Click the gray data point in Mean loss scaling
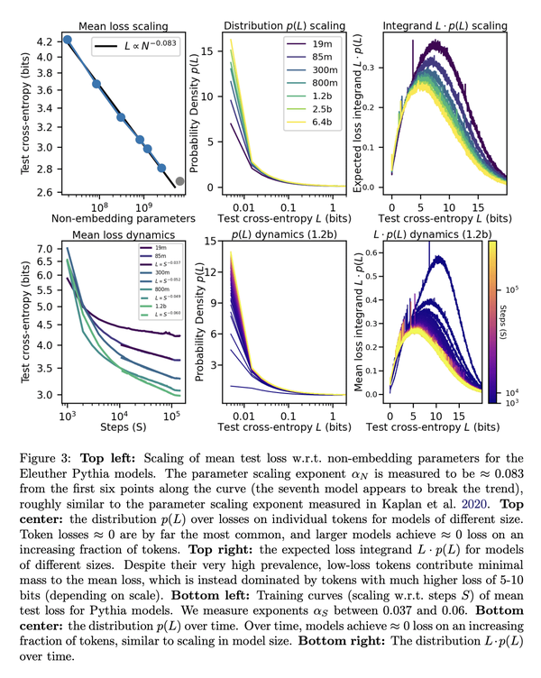pyautogui.click(x=179, y=181)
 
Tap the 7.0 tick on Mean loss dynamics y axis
pyautogui.click(x=42, y=248)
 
